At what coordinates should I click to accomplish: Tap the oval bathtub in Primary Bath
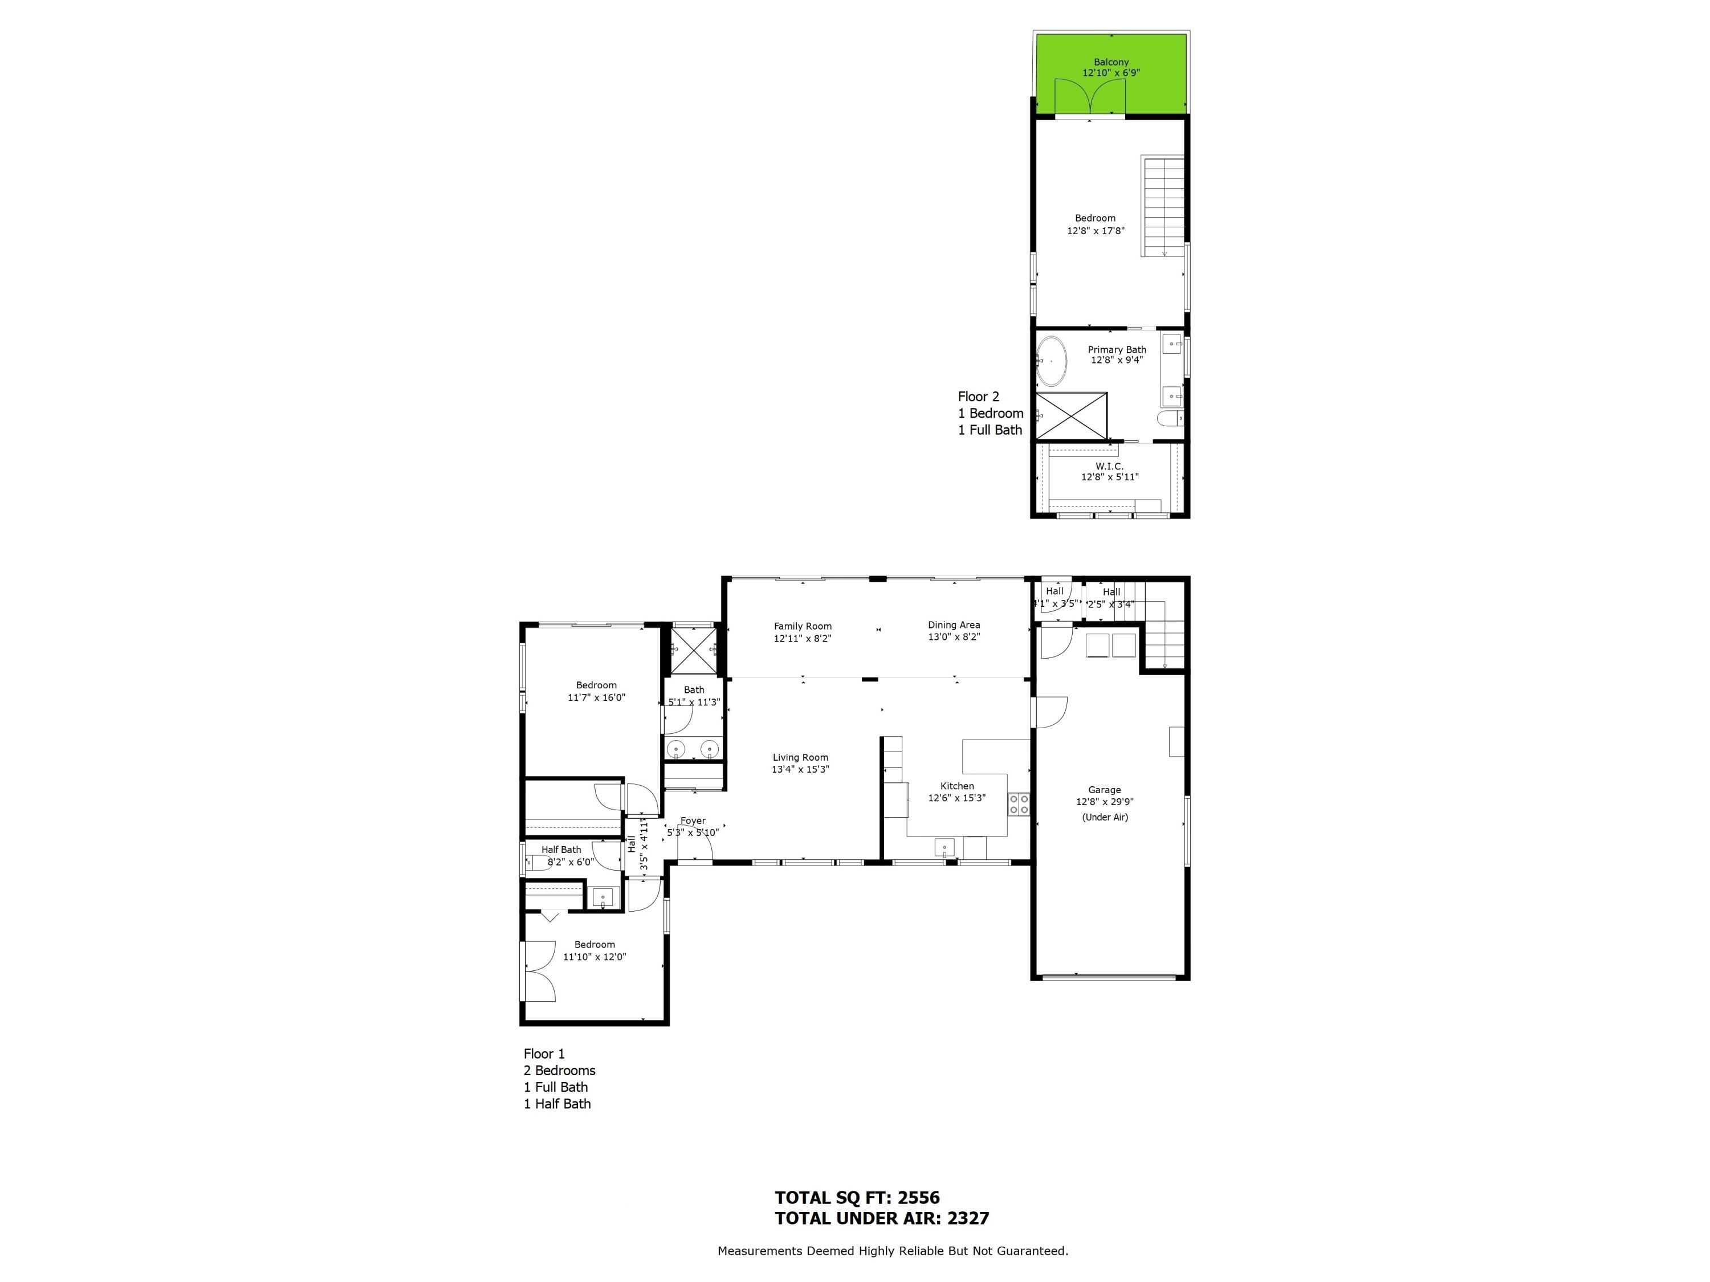tap(1051, 361)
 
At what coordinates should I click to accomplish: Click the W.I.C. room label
tap(1109, 466)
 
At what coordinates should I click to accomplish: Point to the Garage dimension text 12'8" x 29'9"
tap(1105, 802)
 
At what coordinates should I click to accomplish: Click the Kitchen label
tap(957, 786)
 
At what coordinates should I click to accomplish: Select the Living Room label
tap(800, 757)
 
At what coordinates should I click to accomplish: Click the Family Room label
tap(803, 627)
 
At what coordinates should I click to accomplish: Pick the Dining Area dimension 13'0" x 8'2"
tap(954, 638)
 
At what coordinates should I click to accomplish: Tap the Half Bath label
tap(561, 850)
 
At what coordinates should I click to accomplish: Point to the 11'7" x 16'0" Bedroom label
tap(596, 685)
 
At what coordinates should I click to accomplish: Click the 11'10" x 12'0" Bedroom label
tap(595, 944)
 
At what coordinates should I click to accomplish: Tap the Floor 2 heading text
tap(978, 397)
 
